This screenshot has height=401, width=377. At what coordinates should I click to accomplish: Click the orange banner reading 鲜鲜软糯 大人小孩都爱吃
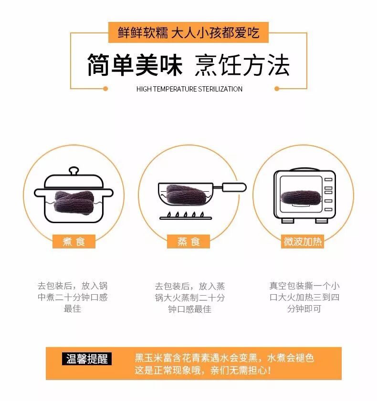188,32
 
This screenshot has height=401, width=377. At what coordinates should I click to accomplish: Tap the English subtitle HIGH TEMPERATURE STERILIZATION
189,89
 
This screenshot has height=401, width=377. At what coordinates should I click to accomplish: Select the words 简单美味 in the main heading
135,65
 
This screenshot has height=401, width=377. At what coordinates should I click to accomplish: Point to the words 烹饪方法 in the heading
242,65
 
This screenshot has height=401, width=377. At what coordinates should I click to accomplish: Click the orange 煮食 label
73,241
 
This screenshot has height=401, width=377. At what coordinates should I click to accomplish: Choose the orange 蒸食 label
188,241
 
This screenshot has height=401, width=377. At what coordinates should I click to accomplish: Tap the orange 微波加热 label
303,241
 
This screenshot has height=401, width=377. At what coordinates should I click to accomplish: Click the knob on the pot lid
73,171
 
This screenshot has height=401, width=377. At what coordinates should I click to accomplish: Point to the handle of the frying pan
234,187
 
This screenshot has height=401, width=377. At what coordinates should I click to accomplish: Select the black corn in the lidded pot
73,202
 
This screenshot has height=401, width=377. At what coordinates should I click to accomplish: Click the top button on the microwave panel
328,180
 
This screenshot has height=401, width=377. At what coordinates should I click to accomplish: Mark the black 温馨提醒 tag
87,359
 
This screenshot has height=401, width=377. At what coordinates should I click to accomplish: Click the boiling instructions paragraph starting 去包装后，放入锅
73,297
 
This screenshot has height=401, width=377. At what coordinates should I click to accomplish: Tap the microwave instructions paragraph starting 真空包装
304,297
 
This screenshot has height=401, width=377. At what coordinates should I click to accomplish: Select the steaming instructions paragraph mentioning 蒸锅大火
189,298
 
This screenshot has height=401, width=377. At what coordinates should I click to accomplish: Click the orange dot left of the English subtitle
105,89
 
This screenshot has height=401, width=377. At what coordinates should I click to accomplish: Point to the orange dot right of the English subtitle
277,89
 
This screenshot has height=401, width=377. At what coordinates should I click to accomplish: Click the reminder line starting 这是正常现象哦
203,370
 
